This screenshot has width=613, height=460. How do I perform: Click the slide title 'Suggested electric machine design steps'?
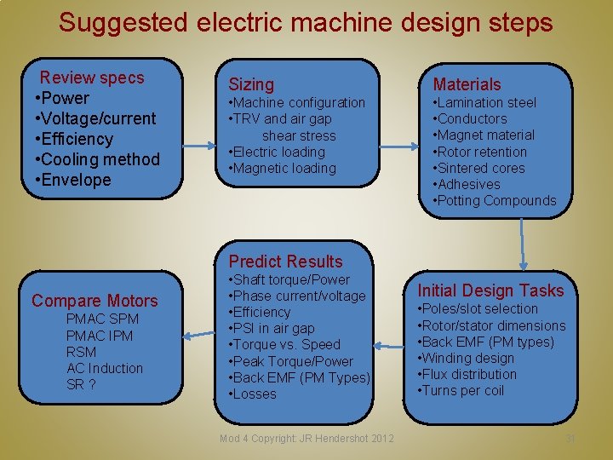[x=306, y=22]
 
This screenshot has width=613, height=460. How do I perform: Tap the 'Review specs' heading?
[x=92, y=78]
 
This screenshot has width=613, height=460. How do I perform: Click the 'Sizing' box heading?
[x=251, y=83]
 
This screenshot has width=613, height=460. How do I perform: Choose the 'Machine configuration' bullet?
[x=297, y=102]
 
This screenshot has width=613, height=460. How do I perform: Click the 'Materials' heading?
[x=467, y=83]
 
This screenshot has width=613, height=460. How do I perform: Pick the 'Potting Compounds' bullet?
[x=495, y=200]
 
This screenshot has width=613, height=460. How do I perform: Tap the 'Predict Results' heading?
[x=285, y=262]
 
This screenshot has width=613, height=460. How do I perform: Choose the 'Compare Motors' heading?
[x=95, y=301]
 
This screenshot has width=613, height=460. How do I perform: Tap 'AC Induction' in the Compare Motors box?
[x=105, y=368]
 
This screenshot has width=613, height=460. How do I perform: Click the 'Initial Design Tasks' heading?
[x=490, y=290]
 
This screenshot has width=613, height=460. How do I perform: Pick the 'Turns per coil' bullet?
[x=461, y=390]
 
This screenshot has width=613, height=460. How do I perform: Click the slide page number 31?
[x=570, y=439]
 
